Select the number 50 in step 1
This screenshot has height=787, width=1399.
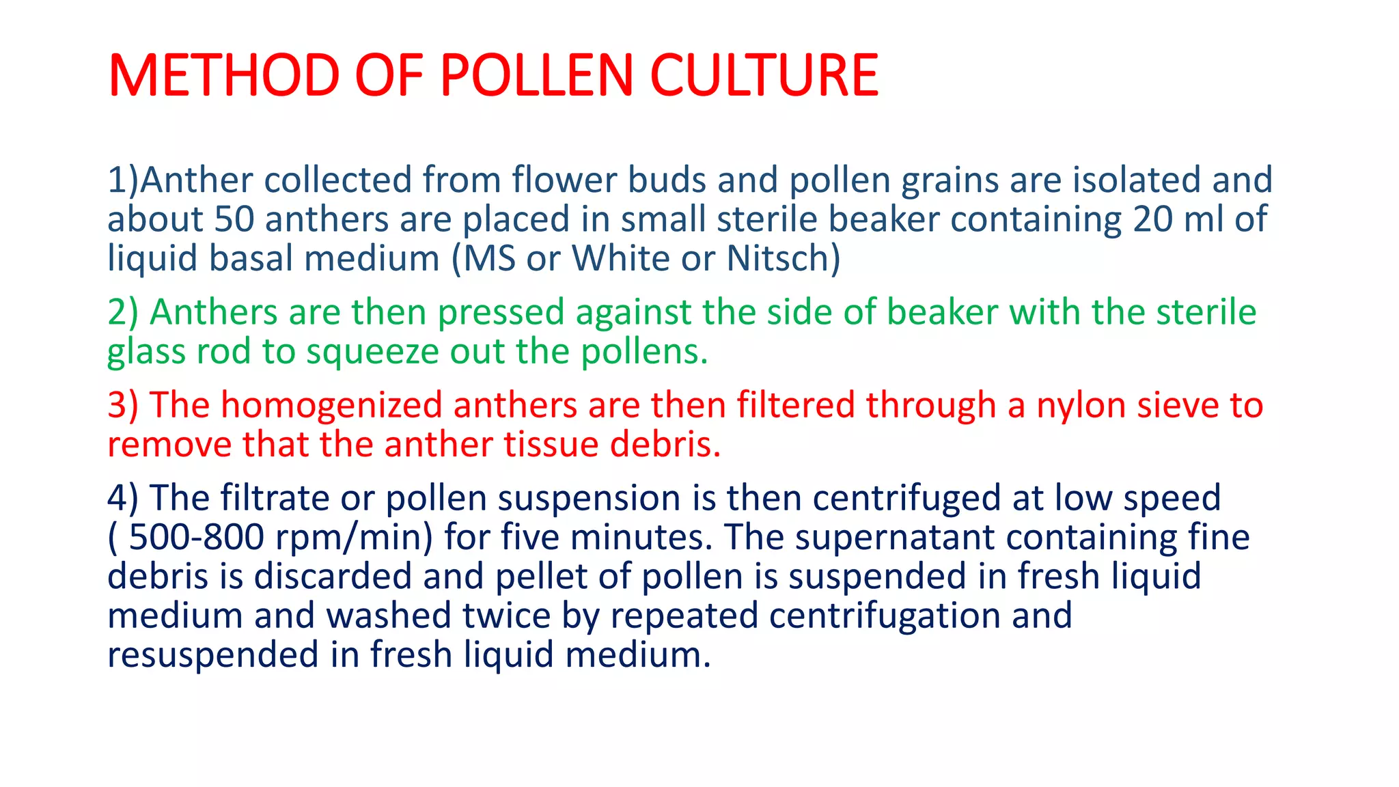[234, 219]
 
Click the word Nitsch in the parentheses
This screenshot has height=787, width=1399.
[778, 258]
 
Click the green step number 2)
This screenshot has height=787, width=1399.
[123, 312]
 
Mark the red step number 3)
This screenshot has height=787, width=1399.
[123, 404]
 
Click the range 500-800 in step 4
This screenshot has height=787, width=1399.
[197, 537]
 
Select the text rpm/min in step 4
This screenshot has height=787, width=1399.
[354, 537]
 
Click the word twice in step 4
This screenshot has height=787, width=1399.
[506, 616]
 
